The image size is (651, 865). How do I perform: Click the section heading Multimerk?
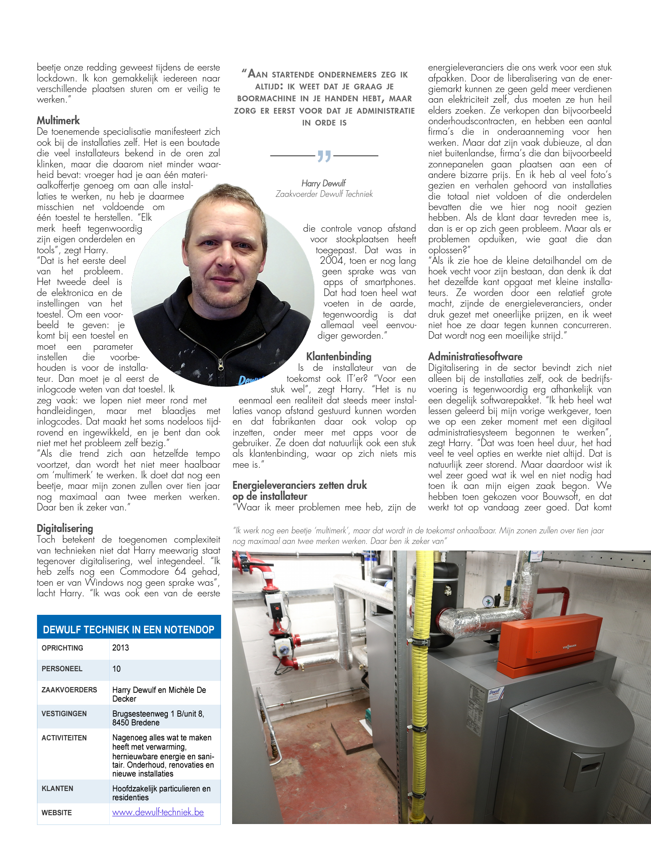click(58, 121)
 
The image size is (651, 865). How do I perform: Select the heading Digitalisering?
click(65, 529)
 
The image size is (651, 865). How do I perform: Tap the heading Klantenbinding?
click(339, 357)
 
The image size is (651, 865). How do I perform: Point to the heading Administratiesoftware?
click(475, 357)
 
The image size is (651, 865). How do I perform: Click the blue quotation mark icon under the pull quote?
click(324, 156)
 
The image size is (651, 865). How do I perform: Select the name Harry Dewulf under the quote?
click(324, 183)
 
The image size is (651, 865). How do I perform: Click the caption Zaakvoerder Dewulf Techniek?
click(324, 194)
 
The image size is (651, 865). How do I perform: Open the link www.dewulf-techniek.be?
click(158, 812)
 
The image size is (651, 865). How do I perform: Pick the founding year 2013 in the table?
click(121, 648)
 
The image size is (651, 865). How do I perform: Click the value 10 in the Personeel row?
click(116, 669)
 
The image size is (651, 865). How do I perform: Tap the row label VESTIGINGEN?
click(64, 713)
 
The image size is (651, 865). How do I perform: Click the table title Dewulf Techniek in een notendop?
click(129, 630)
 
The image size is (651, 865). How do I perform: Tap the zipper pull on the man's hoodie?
click(221, 364)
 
